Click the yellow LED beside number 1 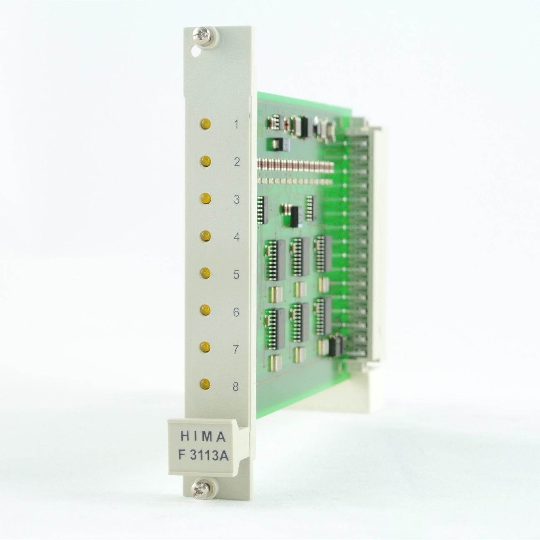point(205,124)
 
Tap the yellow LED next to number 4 point(205,236)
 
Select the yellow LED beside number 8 point(205,384)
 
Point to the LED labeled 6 point(205,310)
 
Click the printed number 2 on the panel point(237,162)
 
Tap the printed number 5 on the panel point(236,274)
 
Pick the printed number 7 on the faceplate point(236,350)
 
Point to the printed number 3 point(237,200)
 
